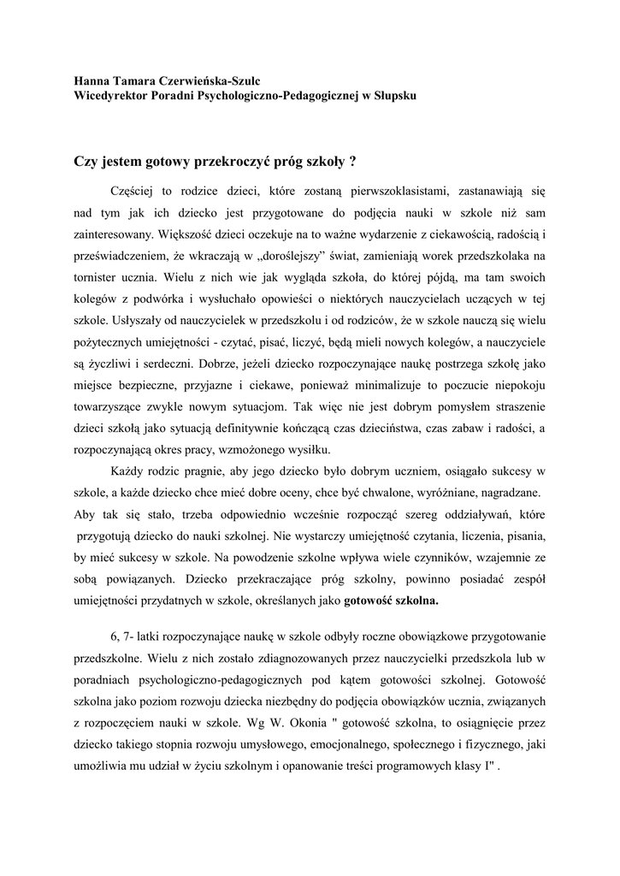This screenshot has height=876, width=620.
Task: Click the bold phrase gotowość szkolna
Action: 391,601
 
